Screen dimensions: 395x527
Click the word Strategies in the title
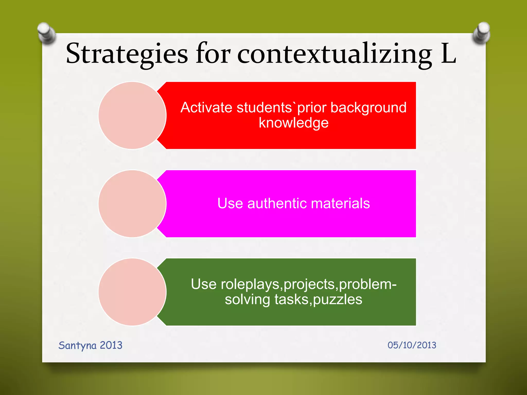coord(127,54)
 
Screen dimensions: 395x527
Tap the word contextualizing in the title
coord(335,54)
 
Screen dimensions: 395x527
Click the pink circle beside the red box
coord(132,115)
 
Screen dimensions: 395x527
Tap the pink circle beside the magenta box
coord(132,204)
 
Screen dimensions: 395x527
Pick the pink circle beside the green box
coord(132,292)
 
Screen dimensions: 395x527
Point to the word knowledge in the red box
coord(294,123)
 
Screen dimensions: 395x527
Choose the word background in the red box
coord(368,107)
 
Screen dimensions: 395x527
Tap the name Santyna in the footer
coord(77,345)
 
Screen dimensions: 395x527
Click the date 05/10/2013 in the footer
coord(412,345)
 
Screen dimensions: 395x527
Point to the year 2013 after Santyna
coord(111,345)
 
